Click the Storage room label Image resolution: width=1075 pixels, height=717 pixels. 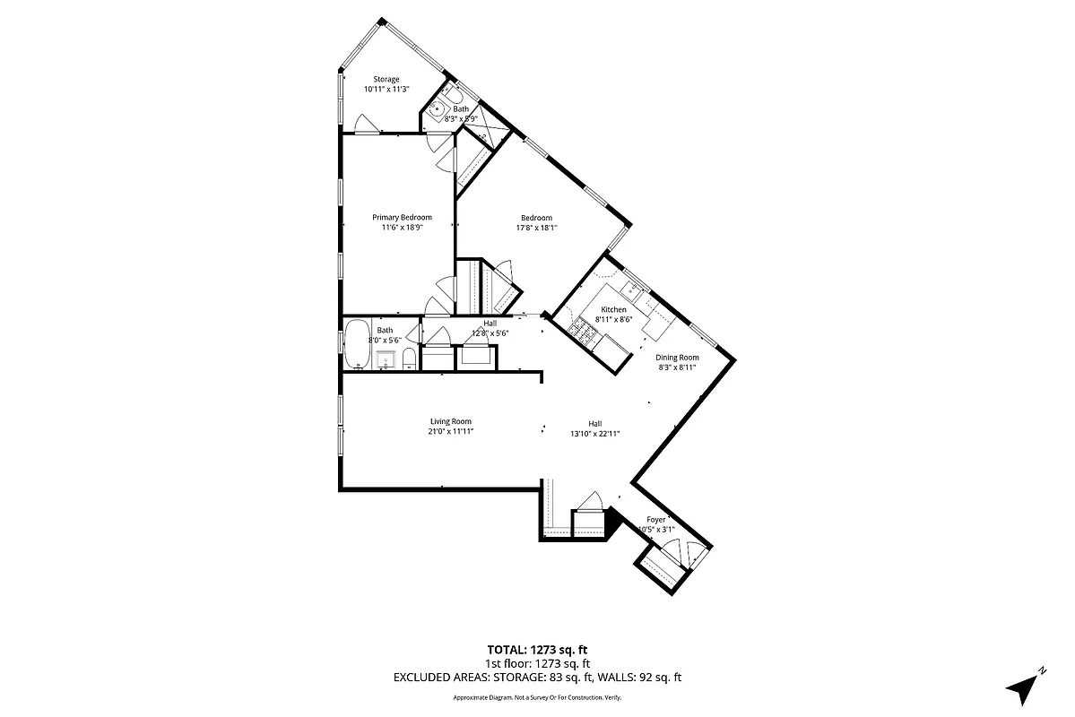[386, 80]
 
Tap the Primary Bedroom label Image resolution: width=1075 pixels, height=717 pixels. [402, 218]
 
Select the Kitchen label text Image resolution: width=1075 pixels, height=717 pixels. [613, 310]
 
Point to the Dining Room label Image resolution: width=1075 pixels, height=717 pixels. [677, 358]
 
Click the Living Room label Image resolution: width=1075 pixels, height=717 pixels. [450, 422]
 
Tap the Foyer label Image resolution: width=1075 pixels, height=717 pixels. [656, 520]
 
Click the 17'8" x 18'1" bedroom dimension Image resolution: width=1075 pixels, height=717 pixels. [536, 228]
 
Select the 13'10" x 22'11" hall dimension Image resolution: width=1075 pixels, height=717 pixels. [595, 434]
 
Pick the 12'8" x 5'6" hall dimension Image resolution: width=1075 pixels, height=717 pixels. [490, 333]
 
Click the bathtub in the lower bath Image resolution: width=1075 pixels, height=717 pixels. [356, 344]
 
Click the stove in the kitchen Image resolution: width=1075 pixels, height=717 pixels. [585, 334]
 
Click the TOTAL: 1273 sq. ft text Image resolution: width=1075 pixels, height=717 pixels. [538, 650]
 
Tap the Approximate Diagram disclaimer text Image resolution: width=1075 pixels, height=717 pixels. [538, 697]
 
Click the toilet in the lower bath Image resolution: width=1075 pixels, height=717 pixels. [409, 358]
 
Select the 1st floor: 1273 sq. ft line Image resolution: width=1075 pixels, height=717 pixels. [538, 664]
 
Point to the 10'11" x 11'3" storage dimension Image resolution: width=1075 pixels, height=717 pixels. [386, 90]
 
